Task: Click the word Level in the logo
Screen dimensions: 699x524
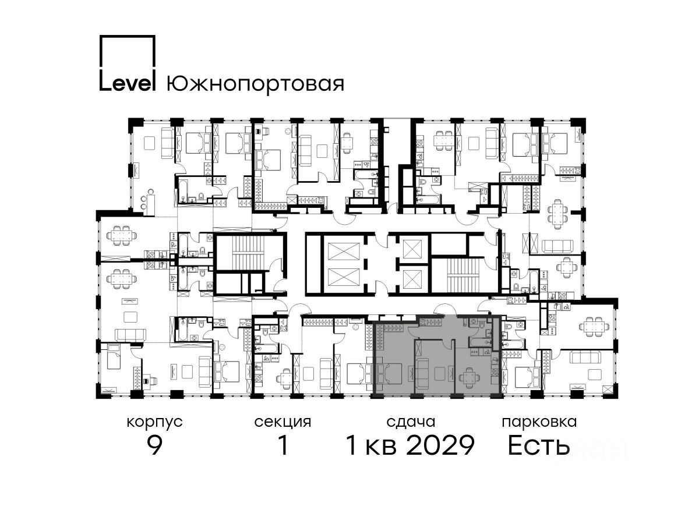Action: coord(128,83)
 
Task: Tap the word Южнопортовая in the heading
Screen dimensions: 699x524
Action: coord(255,84)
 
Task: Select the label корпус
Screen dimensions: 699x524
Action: coord(154,423)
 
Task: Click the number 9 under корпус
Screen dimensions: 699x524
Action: coord(154,445)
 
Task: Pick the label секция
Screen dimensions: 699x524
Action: coord(283,423)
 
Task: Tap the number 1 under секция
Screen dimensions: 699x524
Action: coord(283,445)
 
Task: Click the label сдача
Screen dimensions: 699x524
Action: coord(411,423)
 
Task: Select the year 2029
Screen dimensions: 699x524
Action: coord(440,445)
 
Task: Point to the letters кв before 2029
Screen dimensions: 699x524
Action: coord(381,447)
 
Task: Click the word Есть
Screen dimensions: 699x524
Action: coord(538,445)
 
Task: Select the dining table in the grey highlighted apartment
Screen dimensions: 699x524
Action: coord(469,378)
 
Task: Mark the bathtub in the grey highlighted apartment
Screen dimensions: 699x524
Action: coord(479,342)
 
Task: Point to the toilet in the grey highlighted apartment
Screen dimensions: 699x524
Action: coord(481,324)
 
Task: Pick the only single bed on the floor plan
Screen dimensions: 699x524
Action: coord(114,356)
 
